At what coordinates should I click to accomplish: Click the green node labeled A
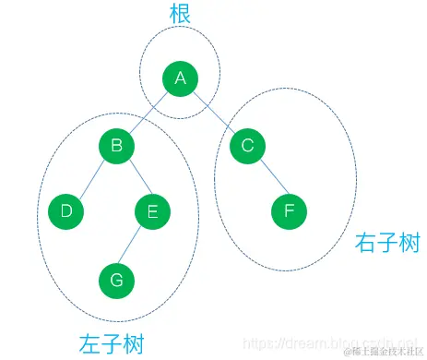(x=180, y=79)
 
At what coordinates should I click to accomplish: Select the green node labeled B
(x=117, y=146)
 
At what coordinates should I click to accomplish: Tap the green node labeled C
(x=246, y=146)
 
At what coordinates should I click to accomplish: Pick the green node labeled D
(x=65, y=211)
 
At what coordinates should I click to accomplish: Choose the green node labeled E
(x=152, y=211)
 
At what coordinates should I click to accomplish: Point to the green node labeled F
(x=289, y=211)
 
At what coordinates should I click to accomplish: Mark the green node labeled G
(x=117, y=277)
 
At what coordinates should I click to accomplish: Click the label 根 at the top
(x=181, y=16)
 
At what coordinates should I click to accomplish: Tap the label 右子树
(x=387, y=243)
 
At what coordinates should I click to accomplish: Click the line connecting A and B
(x=148, y=113)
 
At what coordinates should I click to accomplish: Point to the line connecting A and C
(x=213, y=113)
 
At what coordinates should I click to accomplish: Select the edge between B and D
(x=91, y=179)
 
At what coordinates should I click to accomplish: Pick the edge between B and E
(x=135, y=179)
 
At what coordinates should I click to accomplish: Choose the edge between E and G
(x=135, y=245)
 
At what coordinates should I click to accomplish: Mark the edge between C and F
(x=267, y=179)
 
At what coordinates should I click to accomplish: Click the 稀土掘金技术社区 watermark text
(x=382, y=351)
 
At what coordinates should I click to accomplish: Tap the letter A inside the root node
(x=180, y=79)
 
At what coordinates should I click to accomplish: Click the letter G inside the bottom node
(x=117, y=277)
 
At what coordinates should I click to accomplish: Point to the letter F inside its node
(x=289, y=211)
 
